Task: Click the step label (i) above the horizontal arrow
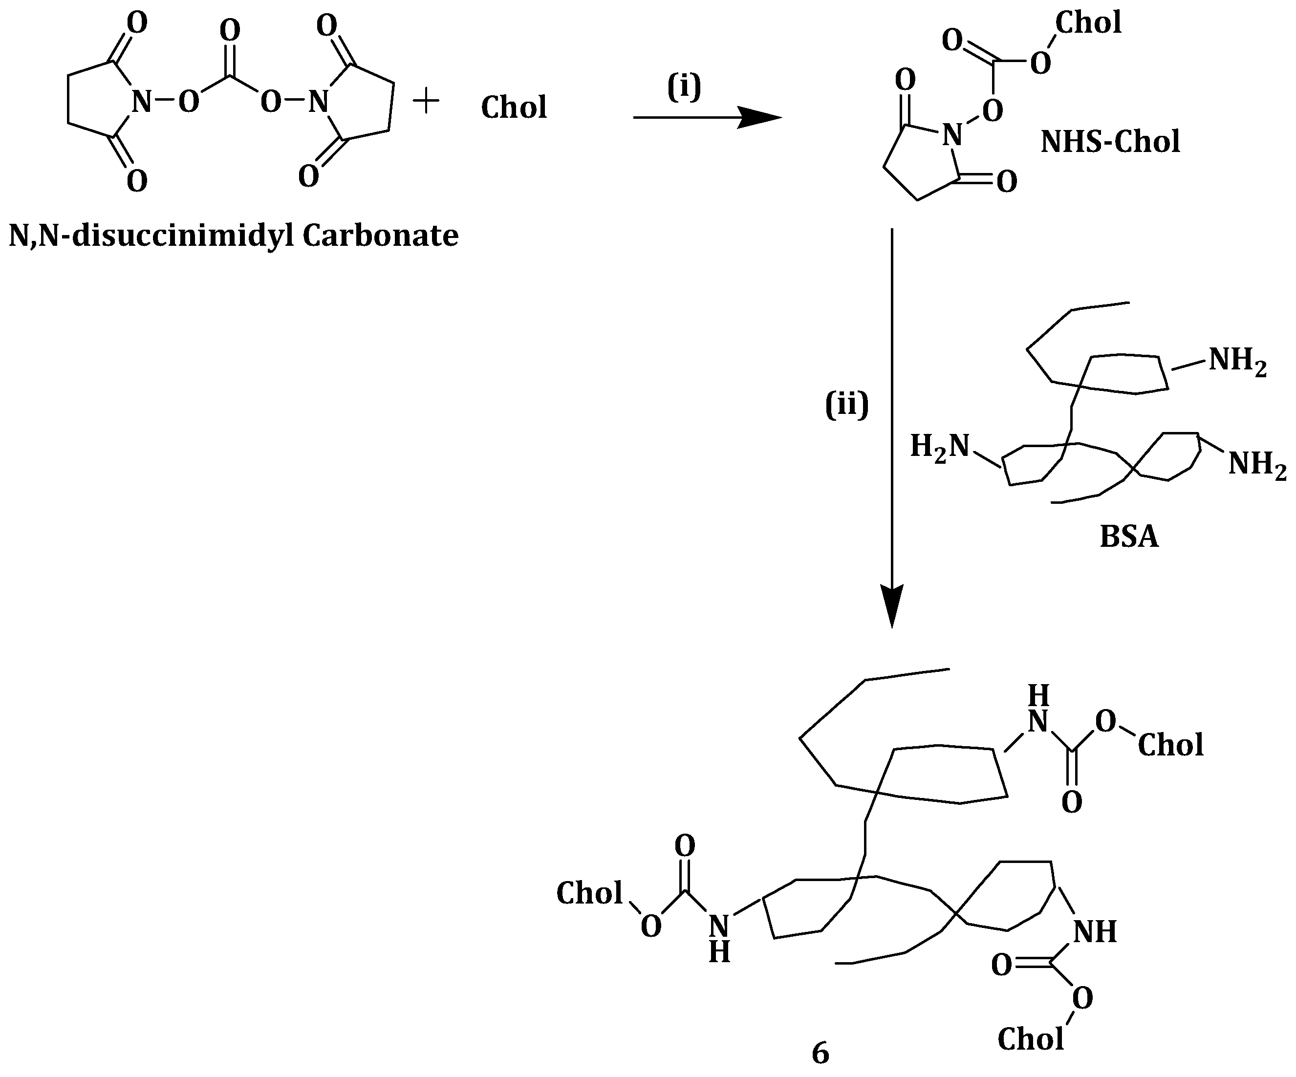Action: [684, 87]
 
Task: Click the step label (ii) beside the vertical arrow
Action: [847, 405]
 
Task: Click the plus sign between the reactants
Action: [425, 101]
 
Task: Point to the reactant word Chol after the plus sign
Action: [514, 108]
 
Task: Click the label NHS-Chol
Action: [1110, 141]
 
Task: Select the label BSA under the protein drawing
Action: [1129, 537]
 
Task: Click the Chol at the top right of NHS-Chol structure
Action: [1088, 23]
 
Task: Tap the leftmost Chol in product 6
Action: [589, 893]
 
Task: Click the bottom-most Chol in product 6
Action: [1031, 1039]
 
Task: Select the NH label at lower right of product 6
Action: [1095, 932]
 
